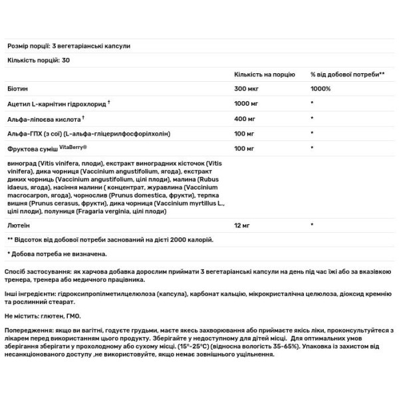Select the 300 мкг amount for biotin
point(246,88)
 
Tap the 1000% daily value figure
point(319,88)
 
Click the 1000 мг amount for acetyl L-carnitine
point(247,103)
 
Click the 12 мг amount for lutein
point(243,226)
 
